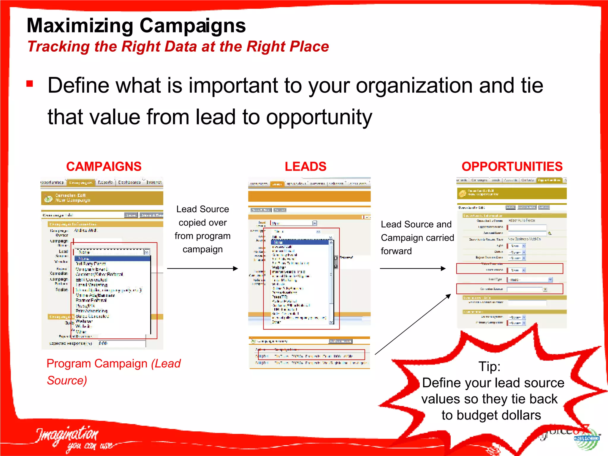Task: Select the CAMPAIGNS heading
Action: click(104, 167)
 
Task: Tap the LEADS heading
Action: click(305, 167)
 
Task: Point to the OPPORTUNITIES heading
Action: click(512, 167)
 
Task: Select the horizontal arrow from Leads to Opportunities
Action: click(413, 269)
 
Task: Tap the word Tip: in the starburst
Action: click(489, 367)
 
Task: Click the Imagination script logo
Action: click(68, 436)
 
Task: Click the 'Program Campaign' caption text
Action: click(97, 364)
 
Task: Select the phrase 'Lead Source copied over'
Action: click(202, 216)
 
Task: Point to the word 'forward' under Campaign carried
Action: click(396, 251)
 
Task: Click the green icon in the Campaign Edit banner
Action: click(48, 199)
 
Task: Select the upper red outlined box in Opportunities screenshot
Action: click(509, 269)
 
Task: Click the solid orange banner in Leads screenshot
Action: click(309, 196)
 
